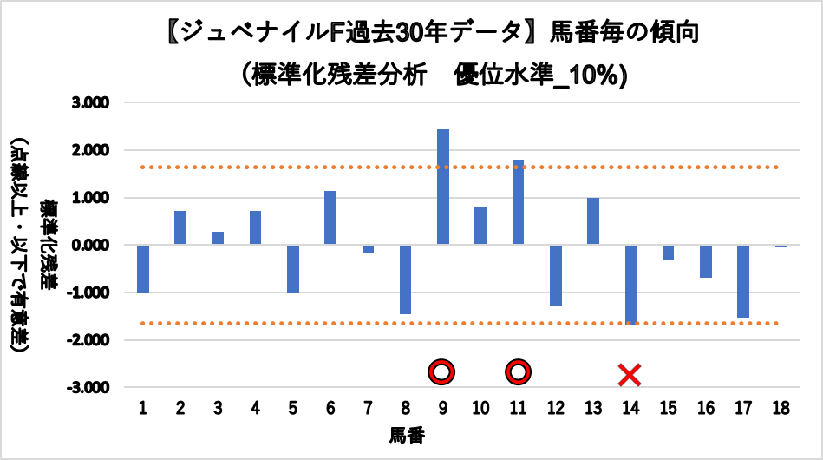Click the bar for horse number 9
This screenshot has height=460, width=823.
coord(443,187)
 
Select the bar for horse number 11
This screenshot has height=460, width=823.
coord(519,202)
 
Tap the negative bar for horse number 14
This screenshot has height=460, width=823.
coord(630,284)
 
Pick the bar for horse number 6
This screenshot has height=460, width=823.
coord(330,218)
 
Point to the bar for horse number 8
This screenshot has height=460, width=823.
coord(406,279)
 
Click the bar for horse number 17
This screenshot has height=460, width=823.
coord(743,280)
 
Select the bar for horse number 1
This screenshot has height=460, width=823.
coord(143,269)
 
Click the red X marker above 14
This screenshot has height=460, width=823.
coord(630,375)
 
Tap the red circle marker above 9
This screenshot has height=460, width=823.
coord(442,372)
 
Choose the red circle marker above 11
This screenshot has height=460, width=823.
coord(519,372)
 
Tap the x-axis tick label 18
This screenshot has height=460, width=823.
coord(781,408)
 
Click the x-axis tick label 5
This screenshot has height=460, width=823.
coord(293,408)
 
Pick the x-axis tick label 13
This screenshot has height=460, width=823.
coord(593,408)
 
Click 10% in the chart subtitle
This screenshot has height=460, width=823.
coord(600,76)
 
